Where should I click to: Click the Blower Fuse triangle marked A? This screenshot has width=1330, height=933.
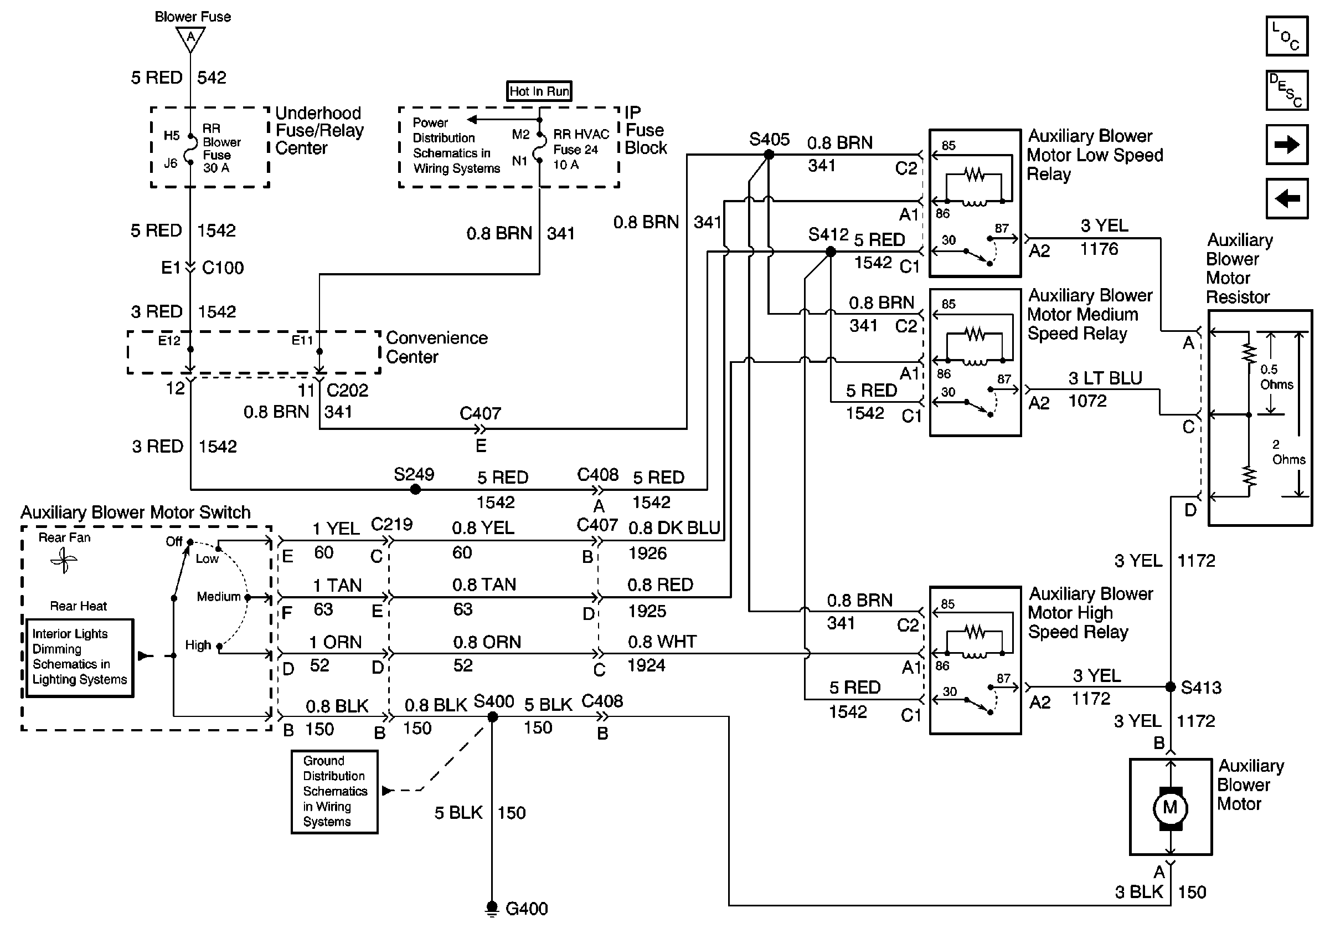click(190, 39)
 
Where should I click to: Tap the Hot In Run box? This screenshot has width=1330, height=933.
click(539, 91)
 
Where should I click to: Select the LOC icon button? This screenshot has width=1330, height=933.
click(1287, 36)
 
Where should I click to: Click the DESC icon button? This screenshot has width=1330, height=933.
click(1287, 90)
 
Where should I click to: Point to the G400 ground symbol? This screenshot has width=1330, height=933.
click(492, 909)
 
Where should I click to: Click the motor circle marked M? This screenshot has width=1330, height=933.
click(1169, 807)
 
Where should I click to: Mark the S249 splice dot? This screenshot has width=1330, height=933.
click(415, 490)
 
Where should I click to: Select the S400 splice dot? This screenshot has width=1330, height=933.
click(492, 717)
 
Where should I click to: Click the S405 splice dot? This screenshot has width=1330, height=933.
click(769, 155)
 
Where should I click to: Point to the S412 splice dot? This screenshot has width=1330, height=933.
click(830, 252)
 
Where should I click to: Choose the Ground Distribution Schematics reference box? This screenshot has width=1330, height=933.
click(334, 792)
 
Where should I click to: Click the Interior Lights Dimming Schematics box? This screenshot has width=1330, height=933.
click(79, 657)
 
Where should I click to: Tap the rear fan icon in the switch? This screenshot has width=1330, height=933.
click(64, 560)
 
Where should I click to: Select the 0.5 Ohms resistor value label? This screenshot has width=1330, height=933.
click(1276, 377)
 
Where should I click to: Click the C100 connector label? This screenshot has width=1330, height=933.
click(223, 268)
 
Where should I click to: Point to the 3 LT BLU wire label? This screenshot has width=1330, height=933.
click(1105, 378)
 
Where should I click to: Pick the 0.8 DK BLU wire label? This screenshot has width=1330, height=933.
click(674, 528)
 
